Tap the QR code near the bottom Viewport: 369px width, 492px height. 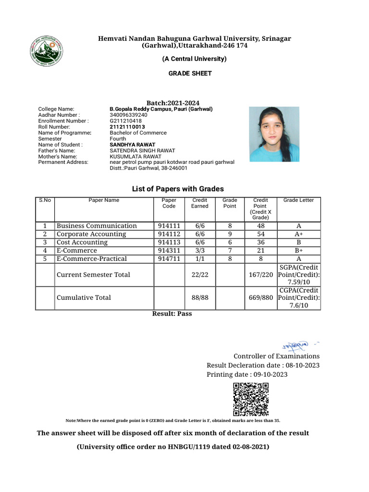[250, 399]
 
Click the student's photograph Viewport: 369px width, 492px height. [274, 134]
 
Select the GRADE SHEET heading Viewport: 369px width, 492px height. [190, 74]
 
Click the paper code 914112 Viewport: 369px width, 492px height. [169, 234]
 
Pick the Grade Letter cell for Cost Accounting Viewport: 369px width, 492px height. [298, 242]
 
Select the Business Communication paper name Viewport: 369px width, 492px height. [97, 226]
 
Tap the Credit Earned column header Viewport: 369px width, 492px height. [200, 203]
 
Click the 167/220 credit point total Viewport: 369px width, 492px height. [260, 275]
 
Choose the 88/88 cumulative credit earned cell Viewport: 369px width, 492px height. [200, 297]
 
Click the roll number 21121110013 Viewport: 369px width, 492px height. [127, 127]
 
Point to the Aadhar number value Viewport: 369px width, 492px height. [129, 115]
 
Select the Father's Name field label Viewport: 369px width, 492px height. [57, 150]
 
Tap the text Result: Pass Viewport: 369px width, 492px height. [172, 313]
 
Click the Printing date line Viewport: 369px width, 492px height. [247, 374]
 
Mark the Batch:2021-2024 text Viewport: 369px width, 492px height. [172, 103]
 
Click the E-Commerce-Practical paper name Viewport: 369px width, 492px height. [92, 258]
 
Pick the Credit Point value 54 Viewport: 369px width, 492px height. [260, 234]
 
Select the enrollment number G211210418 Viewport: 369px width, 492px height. [126, 121]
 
